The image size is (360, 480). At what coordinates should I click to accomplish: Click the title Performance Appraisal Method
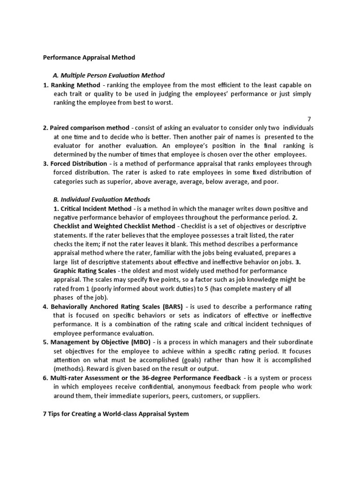point(89,58)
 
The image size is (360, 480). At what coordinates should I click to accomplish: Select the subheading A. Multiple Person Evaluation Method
point(108,75)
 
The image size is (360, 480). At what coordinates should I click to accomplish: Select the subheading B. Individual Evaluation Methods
point(101,199)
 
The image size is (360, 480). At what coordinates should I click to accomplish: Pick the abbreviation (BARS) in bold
point(172,307)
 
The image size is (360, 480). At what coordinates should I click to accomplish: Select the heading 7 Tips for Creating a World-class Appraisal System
point(116,414)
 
